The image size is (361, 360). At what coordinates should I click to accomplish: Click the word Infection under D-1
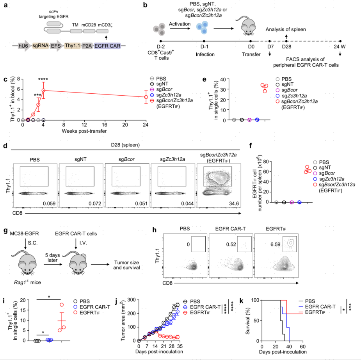coord(204,55)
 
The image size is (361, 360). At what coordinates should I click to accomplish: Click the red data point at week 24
coord(146,97)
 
